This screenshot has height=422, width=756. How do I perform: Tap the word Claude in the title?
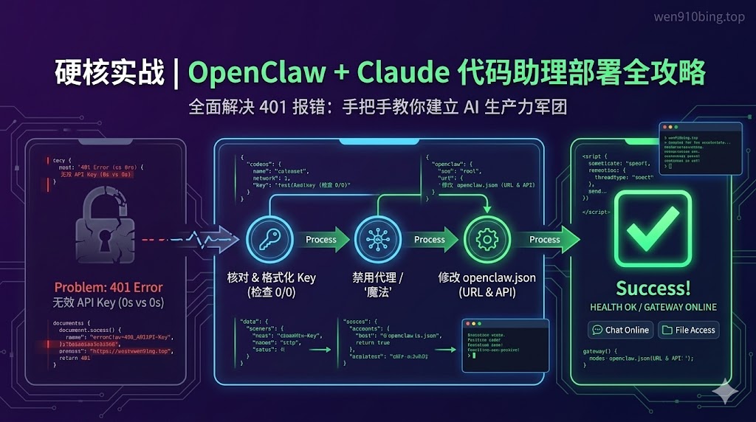pos(403,73)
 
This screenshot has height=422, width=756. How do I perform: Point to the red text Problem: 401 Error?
pos(109,287)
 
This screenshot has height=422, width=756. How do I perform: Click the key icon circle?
pos(267,239)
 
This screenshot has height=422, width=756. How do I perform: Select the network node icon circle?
pos(376,239)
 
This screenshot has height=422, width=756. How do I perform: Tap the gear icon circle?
pos(487,239)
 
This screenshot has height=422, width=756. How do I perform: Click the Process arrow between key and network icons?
pos(321,239)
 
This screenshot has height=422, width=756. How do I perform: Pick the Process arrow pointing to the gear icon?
pos(430,239)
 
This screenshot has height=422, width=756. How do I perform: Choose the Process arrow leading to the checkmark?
pos(546,239)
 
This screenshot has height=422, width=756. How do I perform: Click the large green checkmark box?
pos(653,228)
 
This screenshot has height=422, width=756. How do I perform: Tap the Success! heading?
pos(653,288)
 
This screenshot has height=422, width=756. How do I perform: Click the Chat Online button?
pos(619,330)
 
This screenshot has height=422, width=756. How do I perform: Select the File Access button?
pos(688,330)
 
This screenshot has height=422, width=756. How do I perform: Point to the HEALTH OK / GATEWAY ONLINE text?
pos(653,307)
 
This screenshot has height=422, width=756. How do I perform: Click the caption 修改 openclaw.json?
pos(487,278)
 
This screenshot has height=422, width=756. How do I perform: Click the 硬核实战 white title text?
pos(109,73)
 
